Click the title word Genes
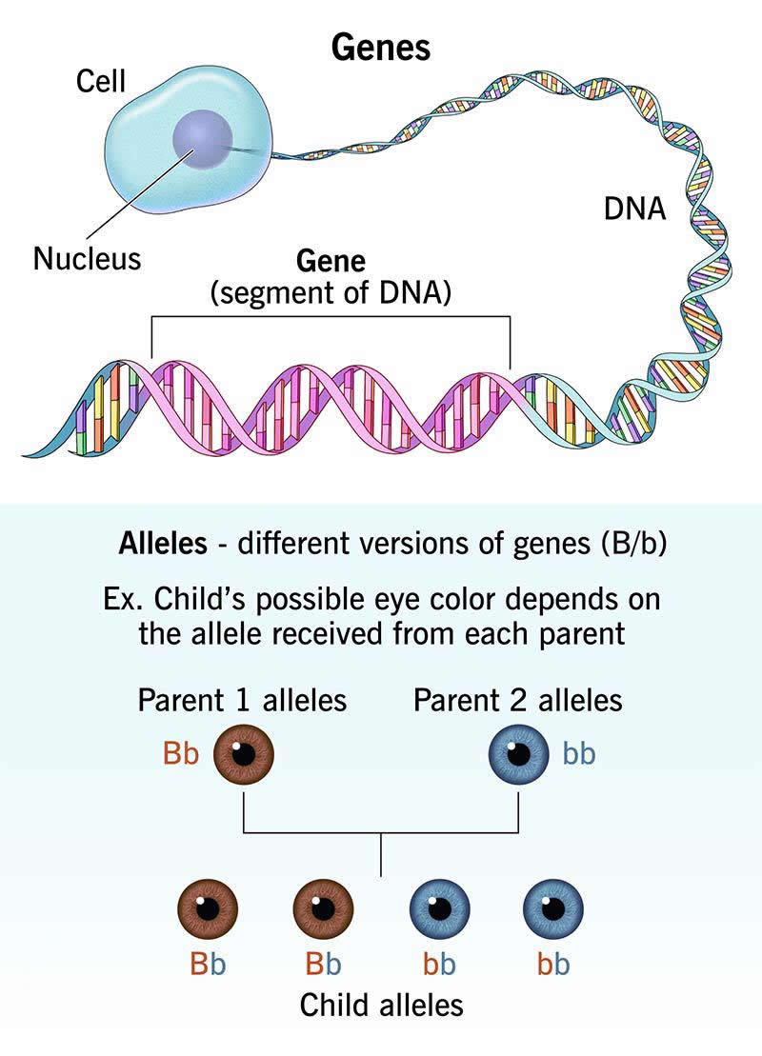pyautogui.click(x=381, y=47)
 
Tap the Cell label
pyautogui.click(x=100, y=82)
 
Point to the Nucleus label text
pyautogui.click(x=87, y=258)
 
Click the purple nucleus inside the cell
pyautogui.click(x=201, y=141)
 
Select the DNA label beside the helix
pyautogui.click(x=635, y=208)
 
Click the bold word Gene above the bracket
pyautogui.click(x=331, y=261)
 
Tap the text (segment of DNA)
pyautogui.click(x=331, y=291)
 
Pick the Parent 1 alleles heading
pyautogui.click(x=242, y=701)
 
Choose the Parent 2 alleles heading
pyautogui.click(x=517, y=701)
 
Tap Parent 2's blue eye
pyautogui.click(x=518, y=755)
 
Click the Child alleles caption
pyautogui.click(x=381, y=1005)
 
